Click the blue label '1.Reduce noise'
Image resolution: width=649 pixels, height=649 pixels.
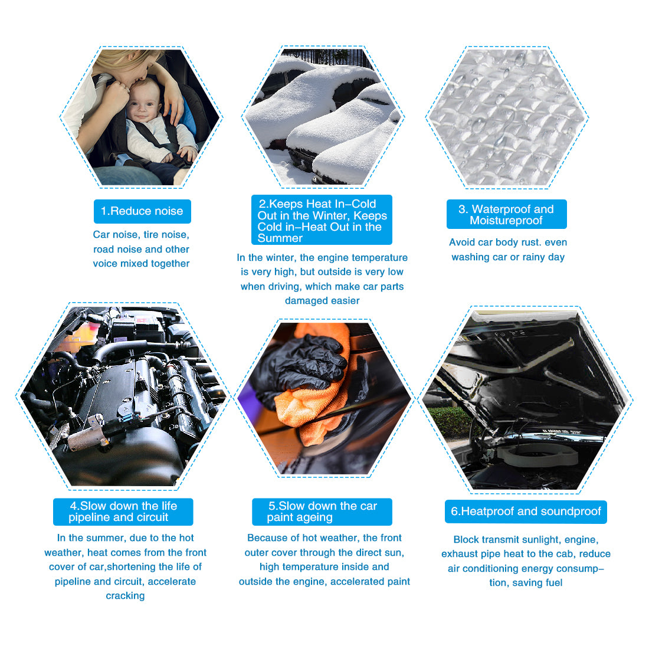coord(142,211)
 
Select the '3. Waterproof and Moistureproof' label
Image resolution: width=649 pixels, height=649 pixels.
coord(506,214)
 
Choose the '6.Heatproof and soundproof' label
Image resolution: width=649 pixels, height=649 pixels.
coord(526,512)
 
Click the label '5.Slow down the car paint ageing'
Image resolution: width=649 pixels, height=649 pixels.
coord(322,512)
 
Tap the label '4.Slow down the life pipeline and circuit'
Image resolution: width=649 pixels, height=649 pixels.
coord(123,512)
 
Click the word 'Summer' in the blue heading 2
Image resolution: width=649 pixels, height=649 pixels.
coord(280,238)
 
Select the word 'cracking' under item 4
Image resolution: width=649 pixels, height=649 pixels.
coord(125,596)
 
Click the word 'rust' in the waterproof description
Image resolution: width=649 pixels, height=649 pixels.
coord(531,242)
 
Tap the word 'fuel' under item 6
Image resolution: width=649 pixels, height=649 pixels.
coord(554,583)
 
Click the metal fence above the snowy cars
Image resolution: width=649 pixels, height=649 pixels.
coord(327,57)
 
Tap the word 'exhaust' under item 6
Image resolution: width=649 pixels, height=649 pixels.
coord(457,554)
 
